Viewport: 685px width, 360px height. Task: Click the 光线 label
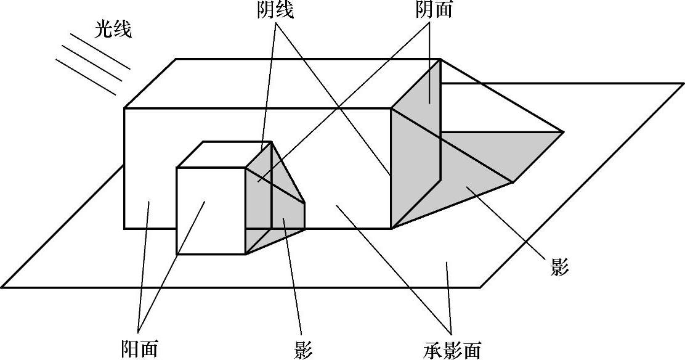point(113,29)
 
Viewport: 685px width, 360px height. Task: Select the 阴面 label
point(433,10)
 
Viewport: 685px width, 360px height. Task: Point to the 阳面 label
point(139,348)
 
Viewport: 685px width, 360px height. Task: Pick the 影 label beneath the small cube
point(303,350)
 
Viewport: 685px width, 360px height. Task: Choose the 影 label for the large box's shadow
point(559,268)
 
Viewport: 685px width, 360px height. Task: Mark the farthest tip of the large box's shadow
point(563,131)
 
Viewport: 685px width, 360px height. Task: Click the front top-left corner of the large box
point(124,108)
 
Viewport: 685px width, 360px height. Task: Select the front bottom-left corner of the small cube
point(177,254)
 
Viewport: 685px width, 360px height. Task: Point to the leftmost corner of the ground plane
point(2,287)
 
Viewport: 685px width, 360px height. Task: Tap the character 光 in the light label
point(103,29)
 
